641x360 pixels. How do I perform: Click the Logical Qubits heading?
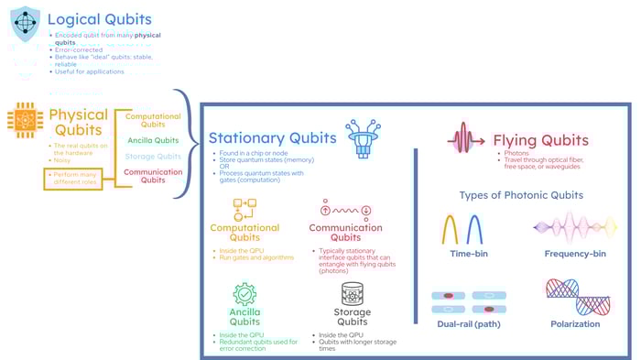[99, 19]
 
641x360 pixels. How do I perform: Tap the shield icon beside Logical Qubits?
[27, 21]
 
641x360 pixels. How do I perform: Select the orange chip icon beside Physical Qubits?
[25, 120]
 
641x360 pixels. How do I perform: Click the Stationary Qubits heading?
[272, 137]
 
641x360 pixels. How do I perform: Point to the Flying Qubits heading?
[540, 140]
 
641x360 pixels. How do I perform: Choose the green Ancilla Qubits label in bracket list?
[153, 140]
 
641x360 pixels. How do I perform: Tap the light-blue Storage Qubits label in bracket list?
[153, 157]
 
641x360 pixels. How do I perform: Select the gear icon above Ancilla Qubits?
[244, 294]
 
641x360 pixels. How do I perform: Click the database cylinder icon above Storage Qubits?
[353, 294]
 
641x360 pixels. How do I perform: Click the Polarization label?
[576, 323]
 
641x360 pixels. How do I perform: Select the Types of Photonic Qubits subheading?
[521, 194]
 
